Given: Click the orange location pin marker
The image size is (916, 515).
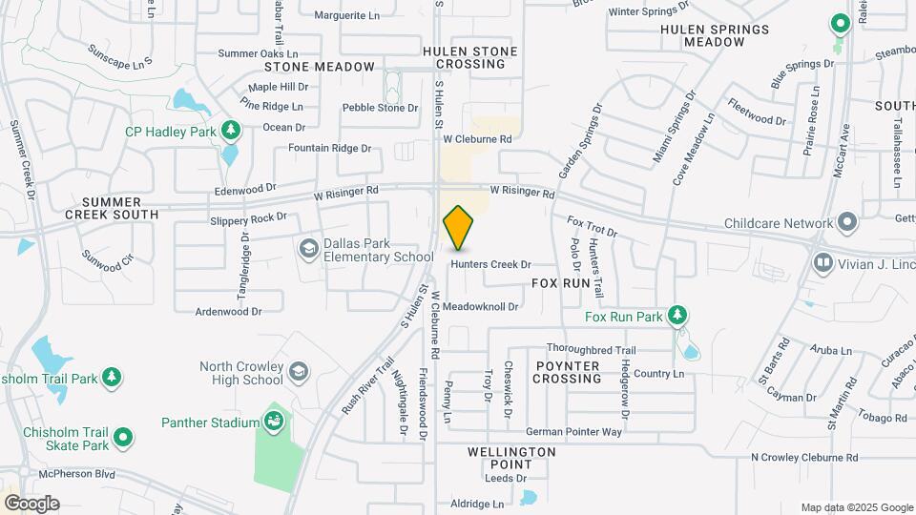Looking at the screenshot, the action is (x=459, y=228).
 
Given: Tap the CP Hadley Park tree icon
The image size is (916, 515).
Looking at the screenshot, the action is (x=229, y=129).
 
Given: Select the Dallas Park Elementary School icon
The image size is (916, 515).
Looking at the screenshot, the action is (x=308, y=249).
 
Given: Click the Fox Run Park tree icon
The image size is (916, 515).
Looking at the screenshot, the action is (x=677, y=315).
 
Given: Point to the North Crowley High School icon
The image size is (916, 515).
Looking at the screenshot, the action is (x=299, y=371).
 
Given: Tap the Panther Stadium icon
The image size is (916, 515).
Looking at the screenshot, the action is (x=274, y=421).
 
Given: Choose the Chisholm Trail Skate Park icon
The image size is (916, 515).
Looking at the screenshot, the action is (x=123, y=438).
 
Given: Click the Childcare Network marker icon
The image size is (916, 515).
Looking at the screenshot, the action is (x=846, y=223).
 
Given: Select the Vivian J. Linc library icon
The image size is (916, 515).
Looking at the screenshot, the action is (x=822, y=261).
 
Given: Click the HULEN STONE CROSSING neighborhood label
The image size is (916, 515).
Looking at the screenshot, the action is (x=471, y=57).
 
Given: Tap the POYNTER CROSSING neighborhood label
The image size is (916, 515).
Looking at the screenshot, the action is (x=567, y=372).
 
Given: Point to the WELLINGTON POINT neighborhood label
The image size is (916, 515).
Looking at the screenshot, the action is (x=511, y=457).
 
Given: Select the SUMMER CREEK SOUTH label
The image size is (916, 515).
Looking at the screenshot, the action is (x=112, y=208).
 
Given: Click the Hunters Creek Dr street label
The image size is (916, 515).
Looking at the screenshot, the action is (x=490, y=264).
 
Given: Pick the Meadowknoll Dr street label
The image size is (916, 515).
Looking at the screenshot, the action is (x=480, y=306).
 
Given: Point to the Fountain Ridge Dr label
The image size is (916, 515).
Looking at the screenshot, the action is (x=329, y=148).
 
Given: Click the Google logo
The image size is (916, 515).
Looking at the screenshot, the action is (x=31, y=503).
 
